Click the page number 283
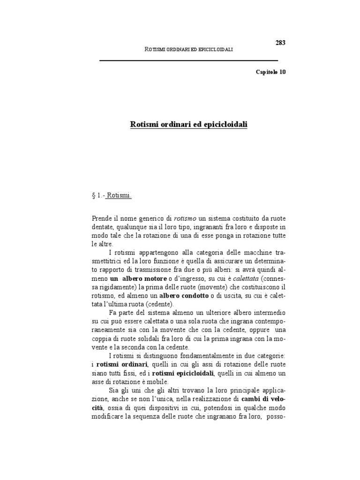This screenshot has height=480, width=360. click(280, 43)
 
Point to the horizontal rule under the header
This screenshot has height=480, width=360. click(189, 60)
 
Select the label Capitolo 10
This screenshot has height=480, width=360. click(270, 72)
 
